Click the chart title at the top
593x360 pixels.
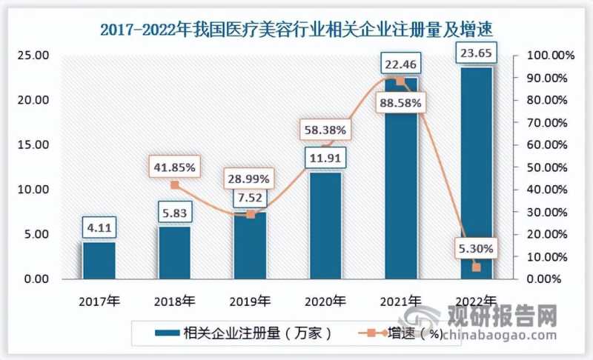point(296,29)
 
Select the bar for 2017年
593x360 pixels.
point(99,260)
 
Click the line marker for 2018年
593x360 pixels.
point(175,185)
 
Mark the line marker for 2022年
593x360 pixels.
point(477,267)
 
